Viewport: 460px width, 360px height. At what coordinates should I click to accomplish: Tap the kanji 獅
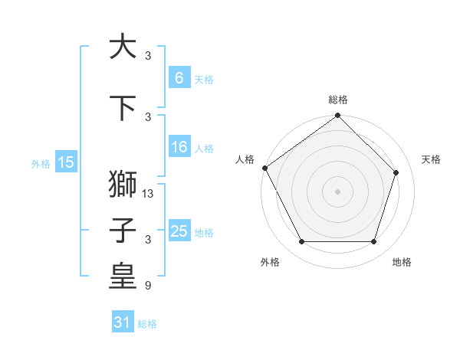pos(123,185)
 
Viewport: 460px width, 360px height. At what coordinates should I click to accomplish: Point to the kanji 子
pos(123,231)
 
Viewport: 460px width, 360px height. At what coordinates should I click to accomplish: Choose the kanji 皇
pos(123,277)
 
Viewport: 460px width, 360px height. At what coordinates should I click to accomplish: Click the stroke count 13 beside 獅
pos(149,194)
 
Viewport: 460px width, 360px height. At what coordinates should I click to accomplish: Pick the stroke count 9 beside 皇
pos(148,286)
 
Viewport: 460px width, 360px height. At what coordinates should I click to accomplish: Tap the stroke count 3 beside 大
pos(148,56)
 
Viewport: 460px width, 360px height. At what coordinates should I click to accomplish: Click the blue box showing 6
pos(179,78)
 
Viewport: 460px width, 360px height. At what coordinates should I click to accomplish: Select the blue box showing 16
pos(179,147)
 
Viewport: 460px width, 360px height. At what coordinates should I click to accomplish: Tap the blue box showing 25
pos(179,231)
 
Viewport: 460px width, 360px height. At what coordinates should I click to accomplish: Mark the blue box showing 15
pos(66,162)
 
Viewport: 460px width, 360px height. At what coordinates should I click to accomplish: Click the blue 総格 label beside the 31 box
pos(147,324)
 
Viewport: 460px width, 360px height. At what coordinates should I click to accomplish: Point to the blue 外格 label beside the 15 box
pos(41,163)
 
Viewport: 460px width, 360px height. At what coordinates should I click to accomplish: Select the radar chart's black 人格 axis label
pos(245,159)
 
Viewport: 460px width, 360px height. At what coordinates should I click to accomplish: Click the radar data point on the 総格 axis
pos(337,116)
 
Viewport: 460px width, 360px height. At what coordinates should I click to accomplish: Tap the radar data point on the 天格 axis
pos(396,172)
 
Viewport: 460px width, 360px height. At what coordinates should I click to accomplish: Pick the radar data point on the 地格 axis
pos(373,242)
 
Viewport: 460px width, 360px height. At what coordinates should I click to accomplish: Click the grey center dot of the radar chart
pos(337,191)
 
